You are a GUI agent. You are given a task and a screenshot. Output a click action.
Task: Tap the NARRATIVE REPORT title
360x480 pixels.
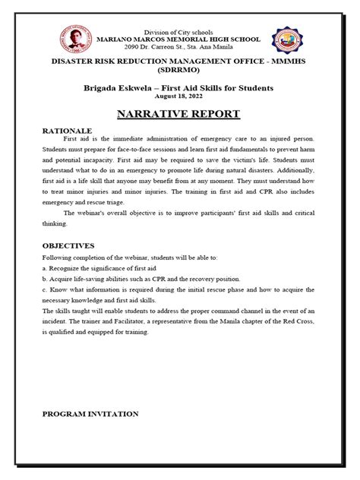tap(179, 114)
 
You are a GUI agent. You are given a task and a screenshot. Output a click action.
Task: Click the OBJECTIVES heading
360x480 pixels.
tap(68, 246)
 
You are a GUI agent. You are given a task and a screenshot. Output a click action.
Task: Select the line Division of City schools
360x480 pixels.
tap(179, 30)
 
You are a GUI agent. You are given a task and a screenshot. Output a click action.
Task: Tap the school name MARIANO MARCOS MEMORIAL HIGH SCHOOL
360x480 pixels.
tap(179, 39)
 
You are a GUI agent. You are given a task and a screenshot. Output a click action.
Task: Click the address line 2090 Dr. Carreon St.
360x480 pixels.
tap(179, 47)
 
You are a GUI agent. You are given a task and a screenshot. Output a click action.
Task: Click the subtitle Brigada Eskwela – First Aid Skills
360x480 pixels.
tap(179, 89)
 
